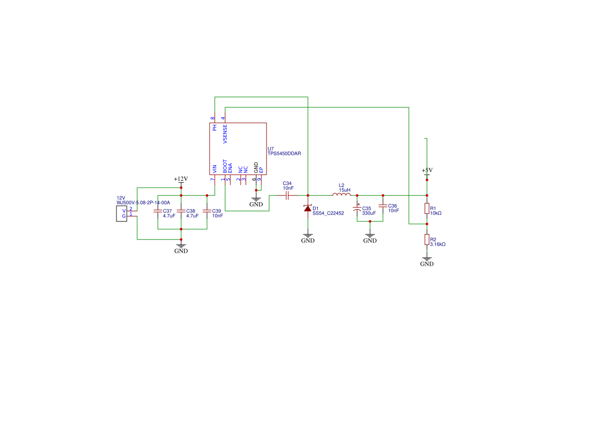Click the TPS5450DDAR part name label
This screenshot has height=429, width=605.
point(284,154)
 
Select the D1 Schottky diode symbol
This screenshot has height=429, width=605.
point(307,208)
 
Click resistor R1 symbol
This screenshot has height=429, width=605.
point(426,208)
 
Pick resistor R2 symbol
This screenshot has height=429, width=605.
point(426,239)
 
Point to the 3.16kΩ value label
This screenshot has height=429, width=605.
point(438,244)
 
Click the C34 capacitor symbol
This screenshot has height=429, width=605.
point(288,196)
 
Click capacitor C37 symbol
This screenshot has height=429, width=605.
point(157,211)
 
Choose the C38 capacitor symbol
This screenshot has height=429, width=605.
point(181,211)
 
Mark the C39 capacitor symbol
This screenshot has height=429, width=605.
point(206,211)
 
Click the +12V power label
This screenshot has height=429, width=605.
point(181,179)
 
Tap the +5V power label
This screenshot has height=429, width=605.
point(426,170)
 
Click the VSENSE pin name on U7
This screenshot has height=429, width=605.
point(225,134)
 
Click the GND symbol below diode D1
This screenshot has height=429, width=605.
point(307,238)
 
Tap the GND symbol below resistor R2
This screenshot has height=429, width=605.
point(426,261)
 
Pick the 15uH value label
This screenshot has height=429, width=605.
point(345,190)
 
